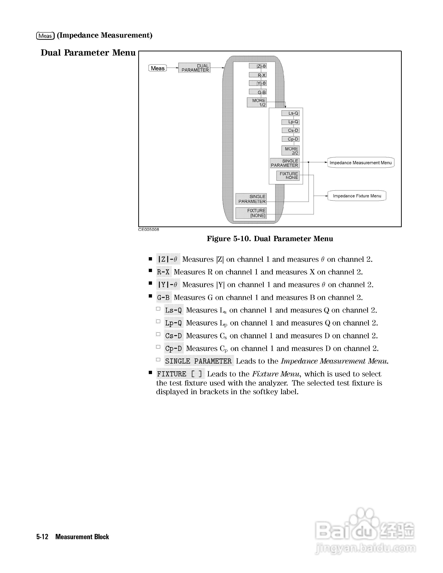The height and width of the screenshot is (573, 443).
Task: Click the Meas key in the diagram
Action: pyautogui.click(x=157, y=68)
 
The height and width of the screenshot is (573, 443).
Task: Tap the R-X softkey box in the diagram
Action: pyautogui.click(x=258, y=75)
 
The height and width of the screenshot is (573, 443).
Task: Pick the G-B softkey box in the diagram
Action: pyautogui.click(x=258, y=92)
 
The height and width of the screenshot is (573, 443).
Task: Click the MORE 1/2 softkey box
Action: pyautogui.click(x=257, y=103)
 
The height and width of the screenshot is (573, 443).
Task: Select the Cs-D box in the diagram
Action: pyautogui.click(x=290, y=130)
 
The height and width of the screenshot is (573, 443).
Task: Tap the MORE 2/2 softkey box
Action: pyautogui.click(x=290, y=151)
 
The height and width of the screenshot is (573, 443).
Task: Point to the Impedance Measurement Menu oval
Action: pyautogui.click(x=361, y=163)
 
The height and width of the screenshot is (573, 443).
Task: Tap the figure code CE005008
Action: pyautogui.click(x=149, y=230)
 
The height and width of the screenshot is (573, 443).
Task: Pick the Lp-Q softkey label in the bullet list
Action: pyautogui.click(x=174, y=323)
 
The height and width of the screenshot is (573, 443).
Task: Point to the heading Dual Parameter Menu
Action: pyautogui.click(x=88, y=53)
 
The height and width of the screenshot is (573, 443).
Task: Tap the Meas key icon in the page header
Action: pyautogui.click(x=45, y=36)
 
